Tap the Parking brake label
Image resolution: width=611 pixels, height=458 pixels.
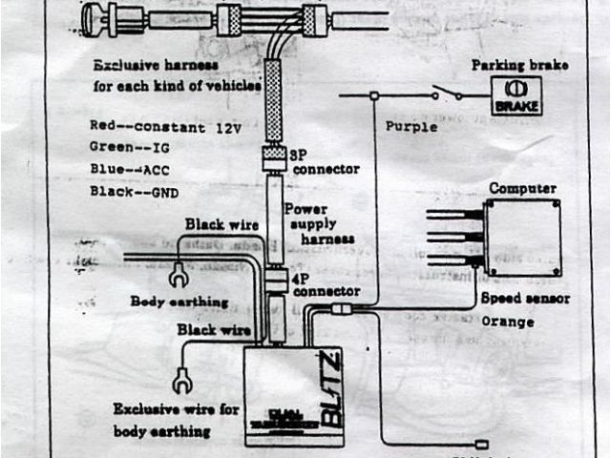tap(518, 65)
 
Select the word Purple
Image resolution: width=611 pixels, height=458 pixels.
tap(411, 126)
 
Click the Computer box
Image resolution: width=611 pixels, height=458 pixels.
tap(520, 236)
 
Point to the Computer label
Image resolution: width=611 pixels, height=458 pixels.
tap(521, 188)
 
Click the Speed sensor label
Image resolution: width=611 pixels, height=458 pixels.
tap(524, 299)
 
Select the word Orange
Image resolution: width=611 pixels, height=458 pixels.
tap(507, 322)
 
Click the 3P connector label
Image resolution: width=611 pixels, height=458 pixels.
tap(326, 161)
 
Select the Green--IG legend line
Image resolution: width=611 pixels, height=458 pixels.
tap(129, 147)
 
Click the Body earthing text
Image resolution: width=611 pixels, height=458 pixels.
tap(179, 302)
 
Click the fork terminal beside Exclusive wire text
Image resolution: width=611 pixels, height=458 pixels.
tap(178, 382)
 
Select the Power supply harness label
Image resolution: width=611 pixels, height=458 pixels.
tap(320, 222)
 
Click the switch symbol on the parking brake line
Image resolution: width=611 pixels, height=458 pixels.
tap(445, 93)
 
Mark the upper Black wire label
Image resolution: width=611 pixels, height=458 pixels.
tap(221, 224)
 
